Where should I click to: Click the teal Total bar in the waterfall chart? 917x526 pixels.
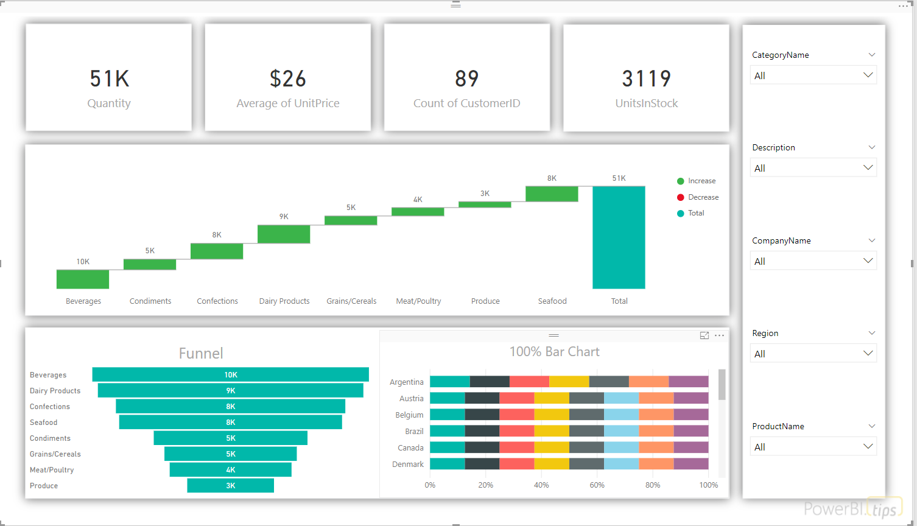click(619, 237)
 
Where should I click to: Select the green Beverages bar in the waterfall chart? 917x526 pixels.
click(83, 279)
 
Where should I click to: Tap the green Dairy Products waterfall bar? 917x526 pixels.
click(284, 234)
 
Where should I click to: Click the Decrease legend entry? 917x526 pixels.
click(698, 197)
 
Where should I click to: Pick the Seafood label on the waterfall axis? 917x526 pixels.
click(552, 301)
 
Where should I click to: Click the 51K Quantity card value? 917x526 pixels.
click(110, 79)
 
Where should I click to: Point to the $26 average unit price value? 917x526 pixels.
click(288, 79)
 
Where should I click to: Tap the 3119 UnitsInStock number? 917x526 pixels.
click(647, 79)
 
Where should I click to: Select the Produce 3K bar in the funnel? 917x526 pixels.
click(231, 485)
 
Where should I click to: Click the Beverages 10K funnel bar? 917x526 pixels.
click(231, 374)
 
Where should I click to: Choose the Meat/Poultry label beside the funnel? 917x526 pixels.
click(52, 470)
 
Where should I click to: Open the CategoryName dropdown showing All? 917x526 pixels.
click(813, 75)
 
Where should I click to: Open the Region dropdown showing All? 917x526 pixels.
click(813, 353)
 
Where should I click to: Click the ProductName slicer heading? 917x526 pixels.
click(778, 426)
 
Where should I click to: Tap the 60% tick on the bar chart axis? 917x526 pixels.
click(597, 485)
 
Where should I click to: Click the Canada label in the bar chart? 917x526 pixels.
click(410, 448)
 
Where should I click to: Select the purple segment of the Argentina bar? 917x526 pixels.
click(689, 382)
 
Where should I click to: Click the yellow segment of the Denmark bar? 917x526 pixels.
click(552, 464)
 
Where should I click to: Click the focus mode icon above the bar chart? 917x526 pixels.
click(704, 335)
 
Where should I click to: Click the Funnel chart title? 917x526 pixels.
click(201, 353)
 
